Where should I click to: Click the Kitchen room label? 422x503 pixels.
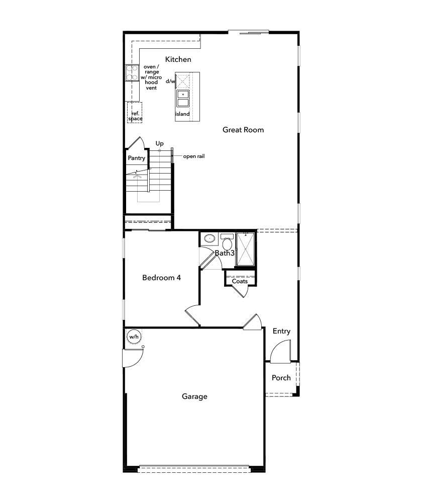(x=178, y=59)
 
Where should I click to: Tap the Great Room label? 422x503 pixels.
(x=243, y=130)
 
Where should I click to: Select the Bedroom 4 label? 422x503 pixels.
(x=161, y=278)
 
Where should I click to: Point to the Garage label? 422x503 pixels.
(x=194, y=396)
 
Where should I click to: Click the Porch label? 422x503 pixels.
(x=281, y=378)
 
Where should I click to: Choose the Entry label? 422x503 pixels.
(x=281, y=331)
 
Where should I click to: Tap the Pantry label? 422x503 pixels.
(x=136, y=158)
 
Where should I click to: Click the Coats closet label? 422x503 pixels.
(x=240, y=281)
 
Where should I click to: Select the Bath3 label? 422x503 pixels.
(x=225, y=253)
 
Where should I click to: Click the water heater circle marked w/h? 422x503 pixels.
(x=133, y=337)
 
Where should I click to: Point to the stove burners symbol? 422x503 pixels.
(x=132, y=73)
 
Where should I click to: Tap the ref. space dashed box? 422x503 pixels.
(x=135, y=113)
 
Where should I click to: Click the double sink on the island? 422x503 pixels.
(x=182, y=98)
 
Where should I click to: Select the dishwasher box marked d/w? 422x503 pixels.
(x=182, y=80)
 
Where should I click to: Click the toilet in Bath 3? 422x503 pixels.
(x=227, y=243)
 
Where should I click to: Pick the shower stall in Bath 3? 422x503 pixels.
(x=246, y=249)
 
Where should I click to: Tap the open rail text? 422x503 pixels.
(x=193, y=156)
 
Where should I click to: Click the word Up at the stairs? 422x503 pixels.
(x=159, y=144)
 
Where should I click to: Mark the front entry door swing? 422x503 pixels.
(x=281, y=353)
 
